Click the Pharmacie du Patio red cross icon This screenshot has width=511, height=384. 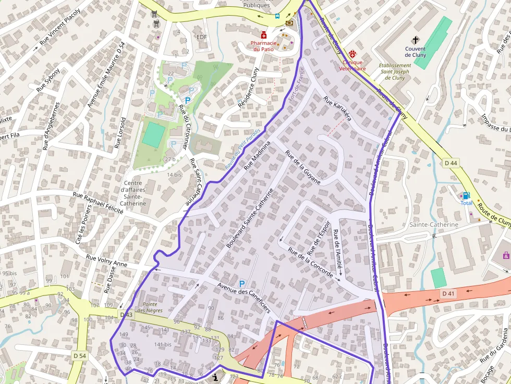(264, 35)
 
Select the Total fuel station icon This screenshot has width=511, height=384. (466, 195)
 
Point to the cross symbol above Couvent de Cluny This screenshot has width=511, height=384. (416, 40)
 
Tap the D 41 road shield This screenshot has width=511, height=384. (448, 294)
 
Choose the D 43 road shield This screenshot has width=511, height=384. (126, 315)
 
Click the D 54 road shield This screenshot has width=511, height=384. (79, 355)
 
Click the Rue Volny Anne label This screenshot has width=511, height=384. (106, 261)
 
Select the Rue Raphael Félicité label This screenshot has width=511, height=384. (98, 203)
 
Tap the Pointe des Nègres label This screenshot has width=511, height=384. (150, 307)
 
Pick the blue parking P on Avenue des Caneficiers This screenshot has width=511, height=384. (242, 283)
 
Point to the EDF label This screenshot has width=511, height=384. (202, 36)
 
